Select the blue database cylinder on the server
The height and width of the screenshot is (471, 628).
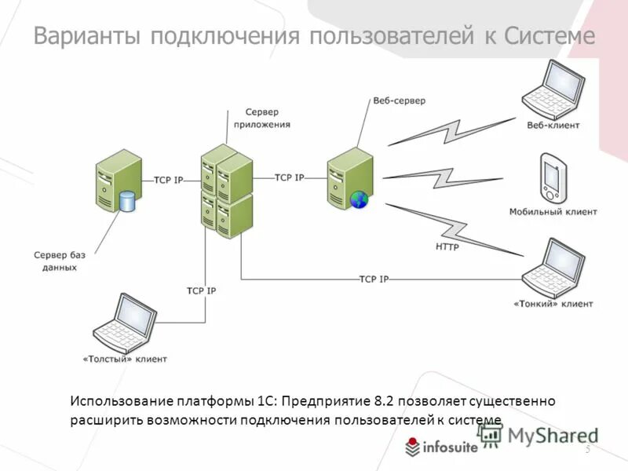click(x=127, y=202)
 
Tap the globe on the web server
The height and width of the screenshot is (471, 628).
click(x=360, y=199)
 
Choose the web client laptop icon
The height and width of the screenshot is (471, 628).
click(x=555, y=89)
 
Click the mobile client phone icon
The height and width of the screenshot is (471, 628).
click(x=553, y=177)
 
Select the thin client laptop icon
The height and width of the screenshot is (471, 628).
click(x=555, y=266)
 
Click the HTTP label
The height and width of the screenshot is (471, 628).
click(x=447, y=246)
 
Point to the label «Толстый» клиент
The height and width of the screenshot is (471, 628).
click(x=125, y=359)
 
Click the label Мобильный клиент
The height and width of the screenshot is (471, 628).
click(x=553, y=212)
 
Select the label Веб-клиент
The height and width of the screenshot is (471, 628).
click(x=553, y=125)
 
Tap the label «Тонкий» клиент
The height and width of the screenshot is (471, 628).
click(x=553, y=303)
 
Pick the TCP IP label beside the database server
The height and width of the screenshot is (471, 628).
click(x=168, y=180)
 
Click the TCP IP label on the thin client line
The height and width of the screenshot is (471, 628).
click(x=374, y=279)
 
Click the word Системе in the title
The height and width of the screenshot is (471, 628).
click(x=549, y=37)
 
